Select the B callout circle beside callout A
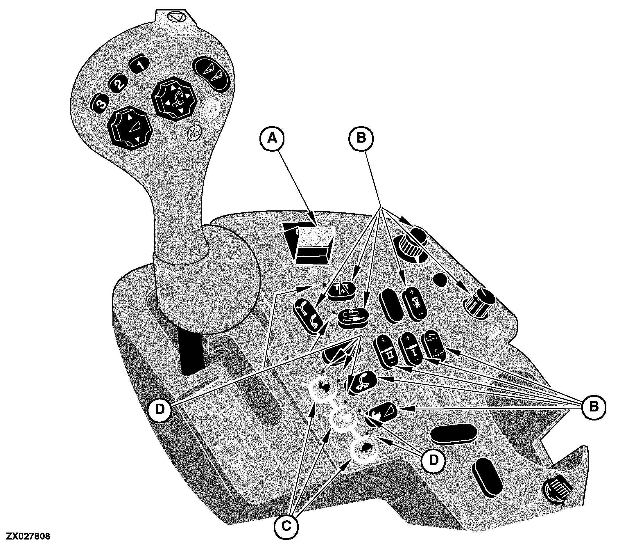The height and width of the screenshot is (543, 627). (361, 138)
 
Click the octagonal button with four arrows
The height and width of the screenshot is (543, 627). (175, 98)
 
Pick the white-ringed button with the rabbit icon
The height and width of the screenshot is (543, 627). (324, 387)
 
